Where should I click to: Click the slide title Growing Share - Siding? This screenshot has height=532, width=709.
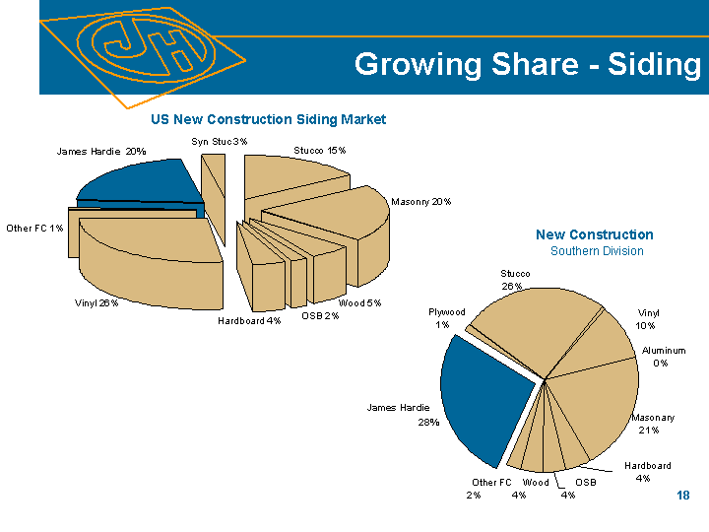click(x=527, y=65)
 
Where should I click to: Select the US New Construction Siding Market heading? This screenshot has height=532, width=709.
click(x=268, y=119)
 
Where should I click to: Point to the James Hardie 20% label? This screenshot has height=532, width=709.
click(x=101, y=152)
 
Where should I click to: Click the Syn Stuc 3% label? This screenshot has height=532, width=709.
click(x=219, y=142)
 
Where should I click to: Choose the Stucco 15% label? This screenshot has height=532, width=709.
click(x=320, y=151)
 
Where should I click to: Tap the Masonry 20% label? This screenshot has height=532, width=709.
click(x=420, y=202)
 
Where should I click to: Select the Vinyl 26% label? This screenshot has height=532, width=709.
click(x=97, y=302)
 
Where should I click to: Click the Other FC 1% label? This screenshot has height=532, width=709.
click(x=34, y=229)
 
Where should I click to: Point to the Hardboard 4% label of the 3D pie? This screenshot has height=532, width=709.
click(x=249, y=320)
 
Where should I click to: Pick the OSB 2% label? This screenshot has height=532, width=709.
click(x=320, y=315)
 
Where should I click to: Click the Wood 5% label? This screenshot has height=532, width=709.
click(x=359, y=302)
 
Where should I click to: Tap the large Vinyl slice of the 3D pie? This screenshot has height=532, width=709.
click(x=148, y=261)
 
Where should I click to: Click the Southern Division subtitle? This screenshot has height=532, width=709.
click(x=597, y=251)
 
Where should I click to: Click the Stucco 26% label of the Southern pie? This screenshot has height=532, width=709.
click(x=514, y=279)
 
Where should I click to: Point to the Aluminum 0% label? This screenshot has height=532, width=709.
click(x=663, y=357)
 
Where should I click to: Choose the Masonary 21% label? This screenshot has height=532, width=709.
click(x=653, y=424)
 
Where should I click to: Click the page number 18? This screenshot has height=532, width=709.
click(x=683, y=495)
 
